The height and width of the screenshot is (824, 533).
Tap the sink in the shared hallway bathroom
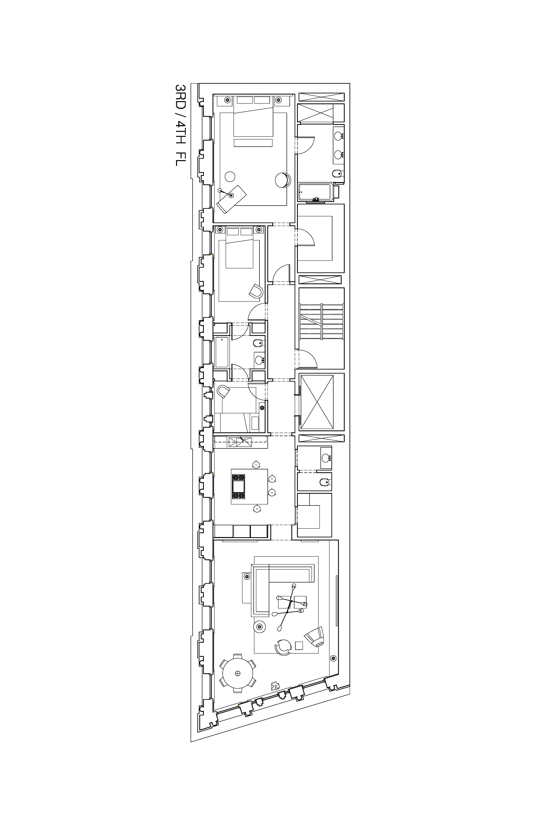pos(259,360)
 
